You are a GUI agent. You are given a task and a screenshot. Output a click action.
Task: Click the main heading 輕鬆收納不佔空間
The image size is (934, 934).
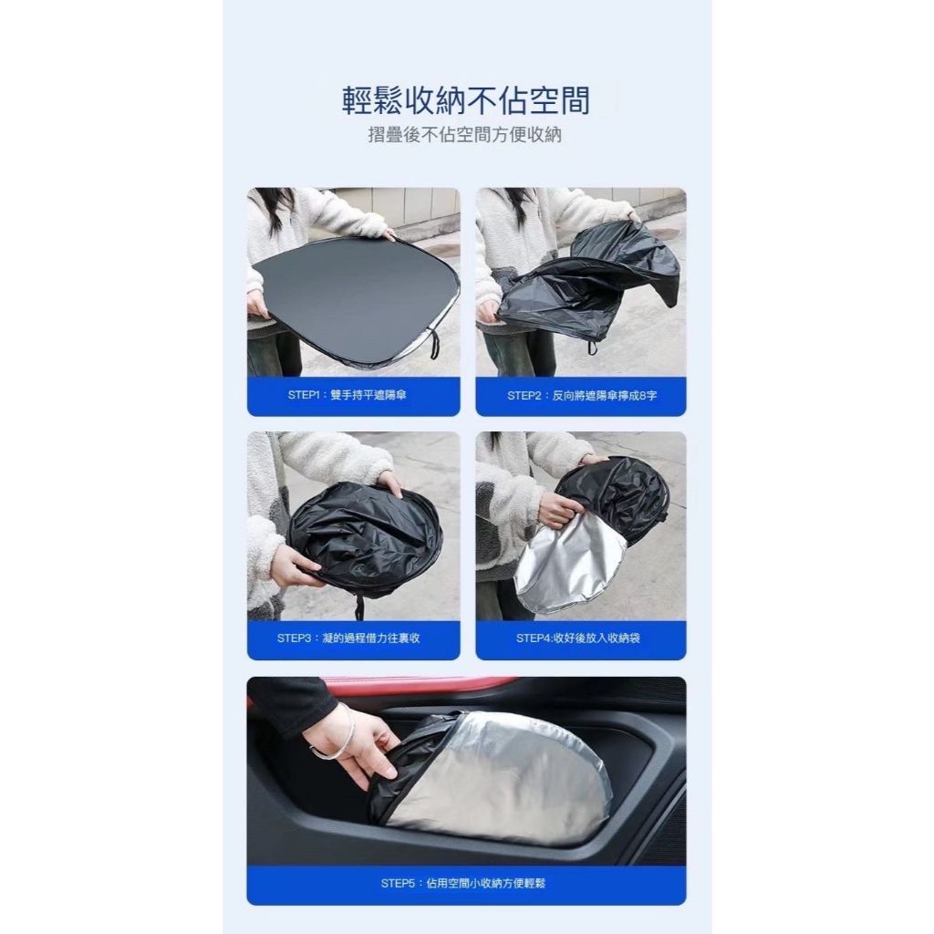[x=466, y=100]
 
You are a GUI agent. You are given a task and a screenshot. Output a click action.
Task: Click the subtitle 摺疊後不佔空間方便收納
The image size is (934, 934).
[x=464, y=135]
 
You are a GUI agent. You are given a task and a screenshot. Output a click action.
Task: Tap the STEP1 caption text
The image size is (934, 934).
[x=347, y=395]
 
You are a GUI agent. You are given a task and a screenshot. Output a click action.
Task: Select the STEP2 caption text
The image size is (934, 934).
[x=582, y=396]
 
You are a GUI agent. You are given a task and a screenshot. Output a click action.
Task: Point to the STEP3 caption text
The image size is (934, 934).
[x=348, y=638]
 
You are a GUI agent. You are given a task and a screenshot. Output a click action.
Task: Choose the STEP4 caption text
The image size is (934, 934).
[x=577, y=638]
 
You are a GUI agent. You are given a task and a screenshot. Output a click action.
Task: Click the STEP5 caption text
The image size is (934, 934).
[x=462, y=883]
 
